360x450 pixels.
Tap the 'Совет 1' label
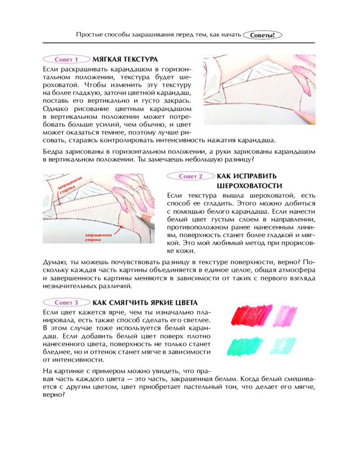(x=66, y=59)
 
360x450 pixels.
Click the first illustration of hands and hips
(x=259, y=90)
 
